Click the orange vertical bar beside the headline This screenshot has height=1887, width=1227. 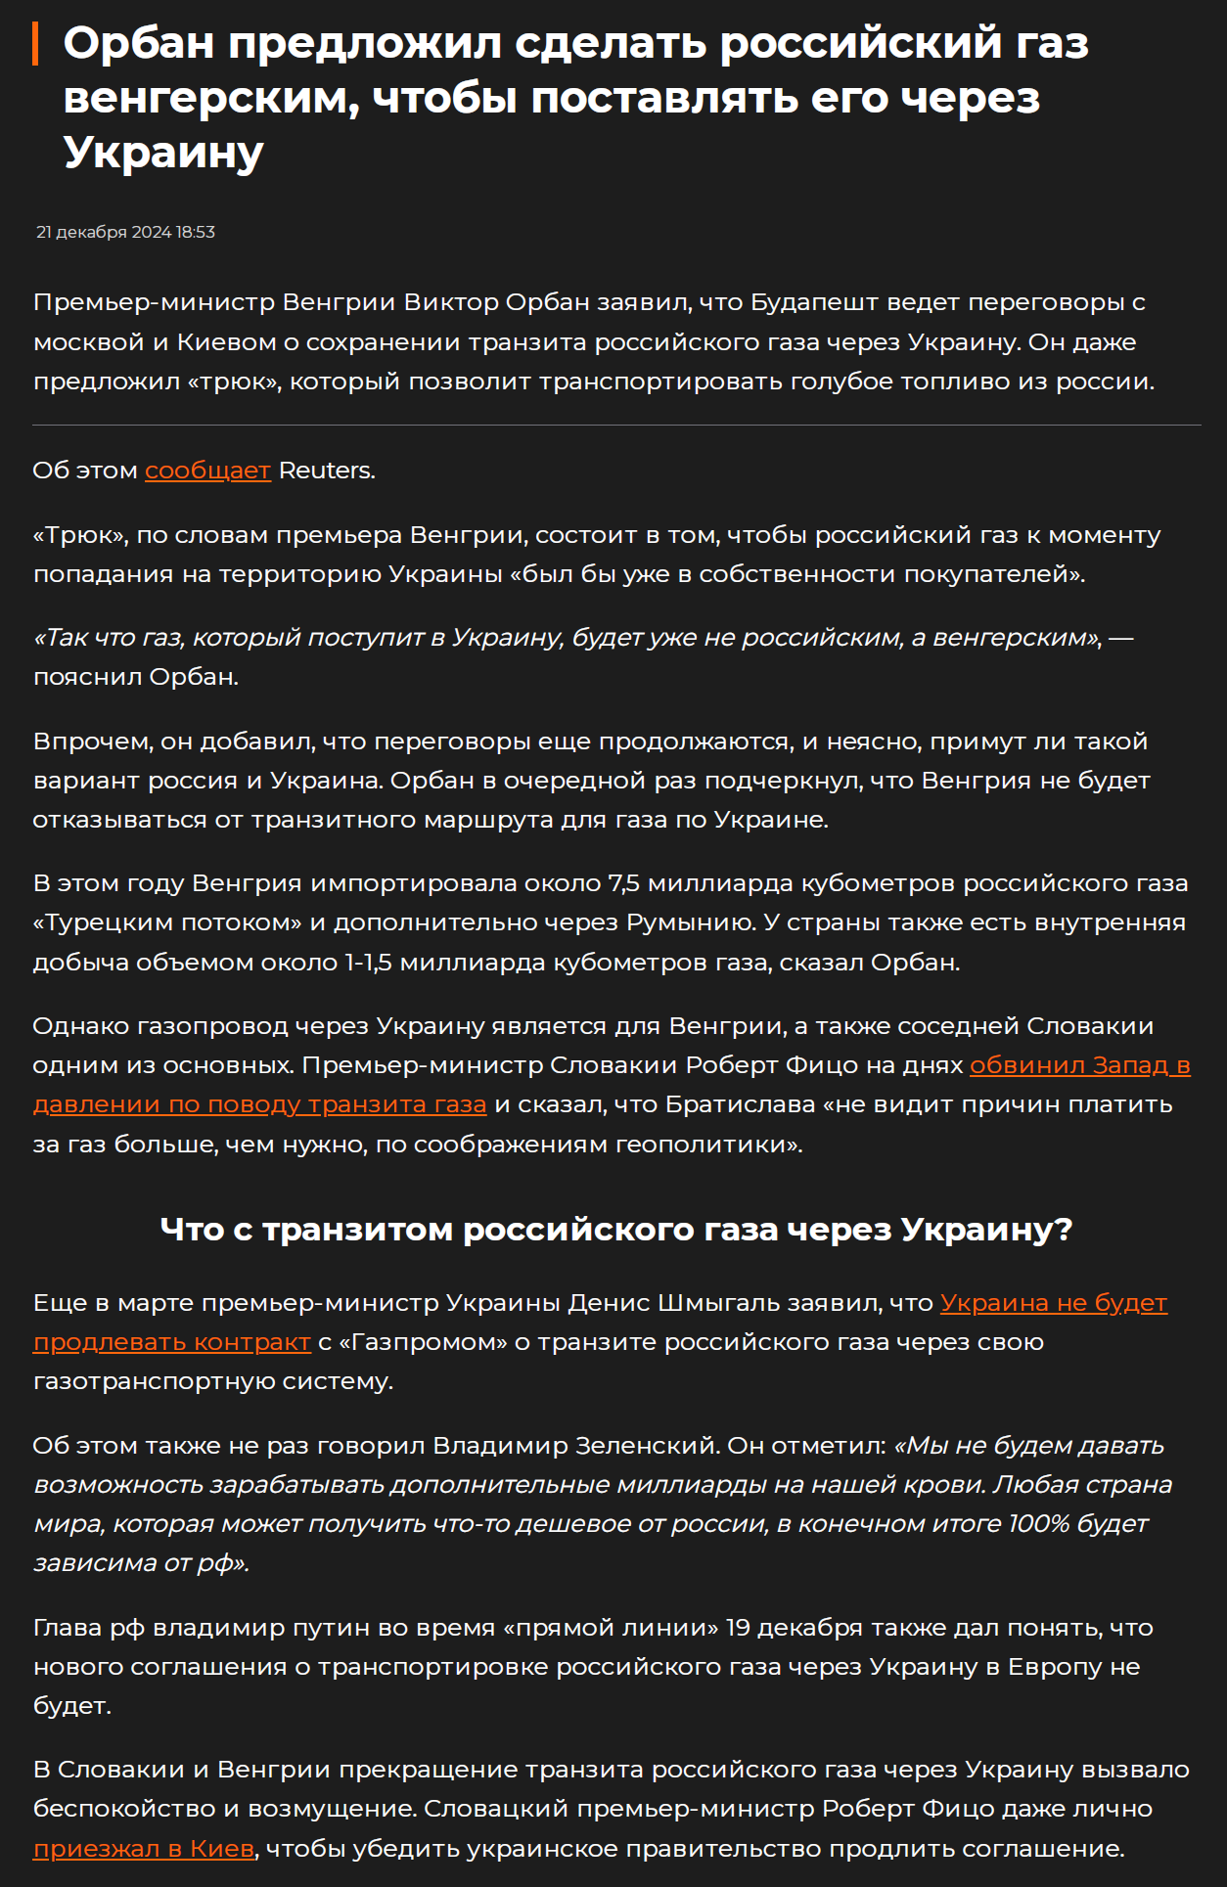pos(35,44)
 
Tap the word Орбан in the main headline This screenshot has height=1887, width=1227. pos(139,44)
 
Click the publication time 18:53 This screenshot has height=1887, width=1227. pos(196,233)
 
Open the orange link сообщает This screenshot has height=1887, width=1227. pos(207,471)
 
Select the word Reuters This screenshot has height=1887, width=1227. pos(325,471)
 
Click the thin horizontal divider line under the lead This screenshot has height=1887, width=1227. pos(616,426)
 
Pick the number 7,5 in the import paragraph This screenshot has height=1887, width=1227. pos(623,883)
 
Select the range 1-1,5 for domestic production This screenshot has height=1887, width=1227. pos(368,963)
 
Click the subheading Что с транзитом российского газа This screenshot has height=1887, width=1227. pos(616,1230)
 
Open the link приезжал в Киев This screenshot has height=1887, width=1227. pos(144,1849)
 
